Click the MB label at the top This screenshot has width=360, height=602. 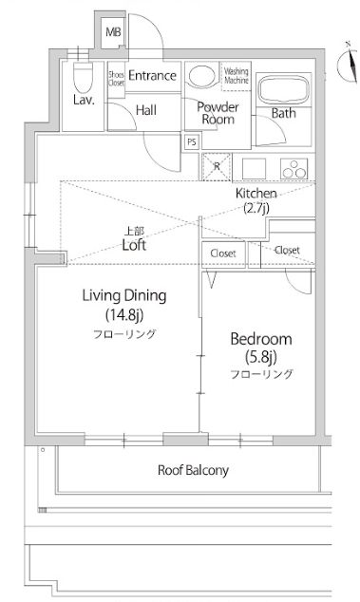point(113,33)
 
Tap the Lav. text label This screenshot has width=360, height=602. point(82,98)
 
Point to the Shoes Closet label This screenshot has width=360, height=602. point(116,78)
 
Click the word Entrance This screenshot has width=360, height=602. point(153,76)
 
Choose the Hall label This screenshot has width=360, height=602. point(146,110)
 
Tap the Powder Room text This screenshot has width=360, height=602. point(217,113)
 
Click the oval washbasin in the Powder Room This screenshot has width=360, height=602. point(201,76)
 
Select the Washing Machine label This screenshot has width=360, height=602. point(236,74)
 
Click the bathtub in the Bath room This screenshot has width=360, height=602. point(283,89)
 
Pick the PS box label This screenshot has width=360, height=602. point(191,142)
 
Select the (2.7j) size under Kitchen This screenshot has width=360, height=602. point(256,207)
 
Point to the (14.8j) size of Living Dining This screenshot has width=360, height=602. point(123,314)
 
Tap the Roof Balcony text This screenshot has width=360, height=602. point(192,470)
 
